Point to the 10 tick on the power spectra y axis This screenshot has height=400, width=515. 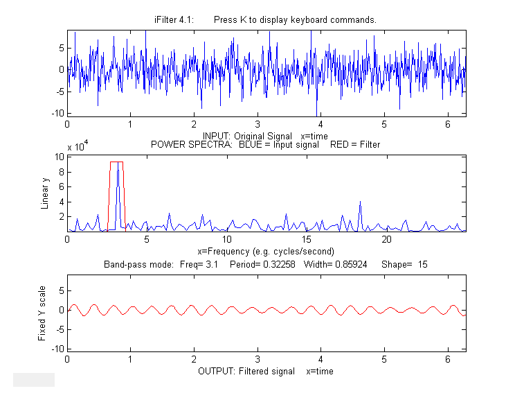60,157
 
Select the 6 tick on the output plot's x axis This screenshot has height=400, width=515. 447,360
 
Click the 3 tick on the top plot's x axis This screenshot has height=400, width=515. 257,124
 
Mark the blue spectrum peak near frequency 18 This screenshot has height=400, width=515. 360,202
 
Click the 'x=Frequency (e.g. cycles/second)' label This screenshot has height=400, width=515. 266,250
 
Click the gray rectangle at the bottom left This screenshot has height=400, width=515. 33,379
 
